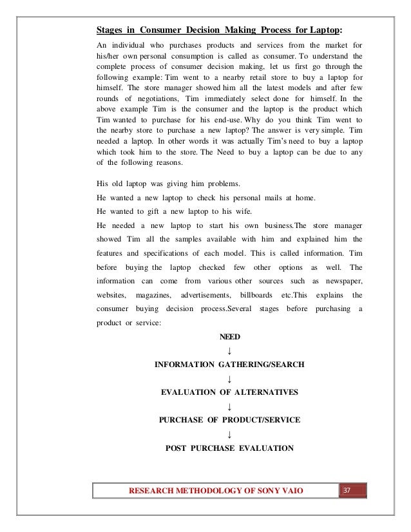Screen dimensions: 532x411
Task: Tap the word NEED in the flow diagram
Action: tap(229, 337)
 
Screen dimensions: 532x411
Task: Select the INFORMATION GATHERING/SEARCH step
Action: tap(229, 365)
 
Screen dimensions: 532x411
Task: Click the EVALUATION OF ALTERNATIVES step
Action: tap(229, 392)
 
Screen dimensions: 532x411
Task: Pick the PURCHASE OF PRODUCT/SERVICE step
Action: tap(229, 420)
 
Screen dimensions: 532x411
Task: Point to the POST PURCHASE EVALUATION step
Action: tap(229, 448)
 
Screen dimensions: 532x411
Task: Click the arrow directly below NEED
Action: tap(229, 351)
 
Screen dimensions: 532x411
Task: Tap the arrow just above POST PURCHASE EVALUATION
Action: tap(229, 434)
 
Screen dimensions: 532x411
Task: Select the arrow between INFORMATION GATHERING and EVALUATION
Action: tap(229, 379)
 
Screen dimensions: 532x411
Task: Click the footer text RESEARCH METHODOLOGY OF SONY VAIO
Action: tap(216, 493)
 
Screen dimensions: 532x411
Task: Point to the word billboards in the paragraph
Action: tap(248, 295)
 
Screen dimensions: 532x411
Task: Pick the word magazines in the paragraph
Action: tap(153, 295)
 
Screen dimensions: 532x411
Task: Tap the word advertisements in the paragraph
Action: tap(201, 295)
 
